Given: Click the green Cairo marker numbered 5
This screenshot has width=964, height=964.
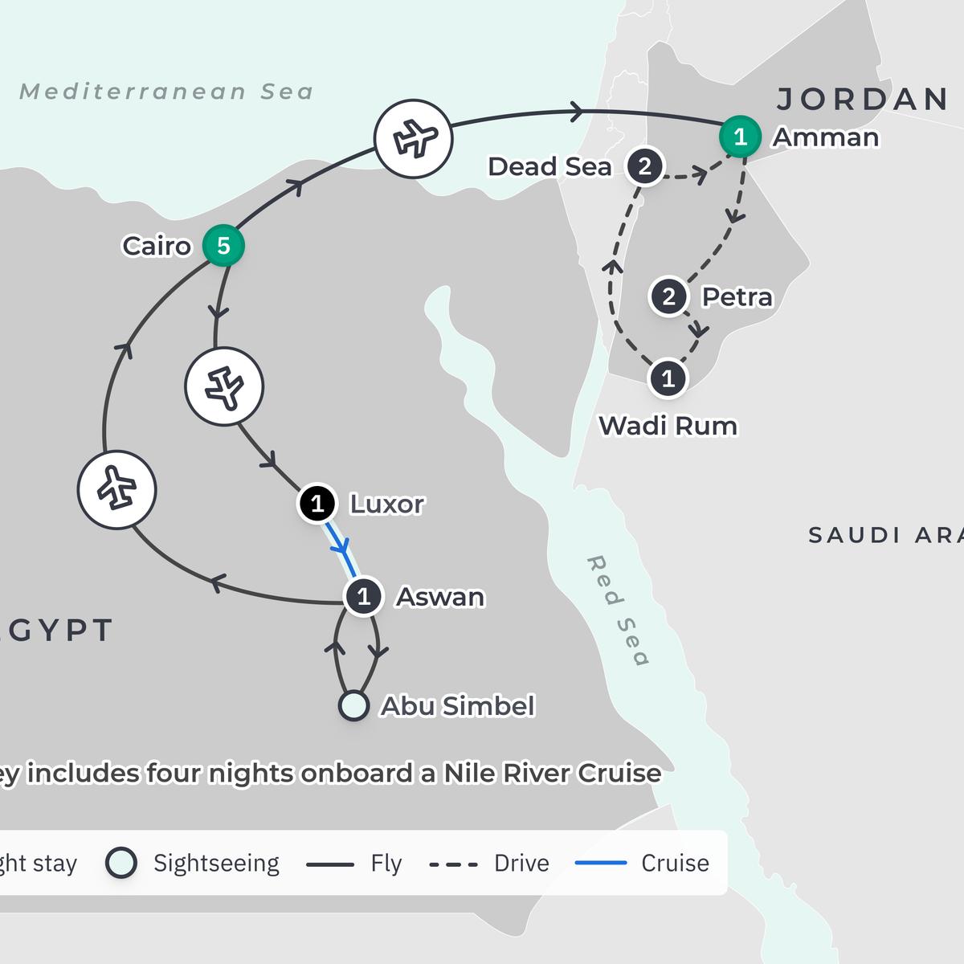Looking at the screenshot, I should (223, 246).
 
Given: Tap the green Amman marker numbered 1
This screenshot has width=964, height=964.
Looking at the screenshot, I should (740, 137).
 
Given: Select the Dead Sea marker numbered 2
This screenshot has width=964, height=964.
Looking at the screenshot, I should (644, 167).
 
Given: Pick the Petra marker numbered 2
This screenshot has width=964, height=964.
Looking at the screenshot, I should (669, 297).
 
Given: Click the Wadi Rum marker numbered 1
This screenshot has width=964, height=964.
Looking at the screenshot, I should (668, 378).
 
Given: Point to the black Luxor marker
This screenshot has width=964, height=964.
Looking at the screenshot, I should (317, 504).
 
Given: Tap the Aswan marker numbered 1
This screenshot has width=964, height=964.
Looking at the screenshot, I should (363, 597).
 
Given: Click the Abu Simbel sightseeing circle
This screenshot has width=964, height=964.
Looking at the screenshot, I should (353, 705).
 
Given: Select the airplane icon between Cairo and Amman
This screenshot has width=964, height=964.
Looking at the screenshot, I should (414, 138).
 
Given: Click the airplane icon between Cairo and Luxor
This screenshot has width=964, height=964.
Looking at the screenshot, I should (224, 386).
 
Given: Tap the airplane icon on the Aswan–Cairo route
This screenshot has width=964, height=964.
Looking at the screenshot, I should (117, 490).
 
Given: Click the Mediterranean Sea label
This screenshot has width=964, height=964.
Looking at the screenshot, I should (166, 92).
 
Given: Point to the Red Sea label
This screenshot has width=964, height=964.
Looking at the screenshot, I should (618, 611).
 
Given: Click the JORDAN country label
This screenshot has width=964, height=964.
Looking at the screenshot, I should (863, 100).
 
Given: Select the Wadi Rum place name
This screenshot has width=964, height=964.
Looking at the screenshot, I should (668, 426).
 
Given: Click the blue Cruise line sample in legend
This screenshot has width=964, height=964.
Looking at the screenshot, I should (601, 863).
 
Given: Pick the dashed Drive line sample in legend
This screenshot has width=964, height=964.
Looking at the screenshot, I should (454, 864).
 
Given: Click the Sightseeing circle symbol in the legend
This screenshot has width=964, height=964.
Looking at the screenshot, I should (121, 863).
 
